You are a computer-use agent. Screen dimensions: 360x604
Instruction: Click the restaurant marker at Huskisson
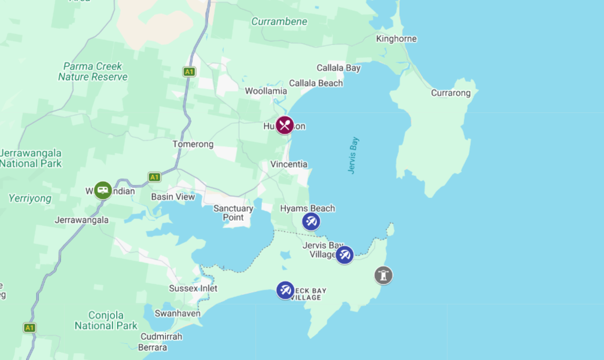pyautogui.click(x=285, y=126)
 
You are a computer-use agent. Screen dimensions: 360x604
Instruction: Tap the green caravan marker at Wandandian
pyautogui.click(x=103, y=191)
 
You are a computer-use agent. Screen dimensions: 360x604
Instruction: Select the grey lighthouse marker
pyautogui.click(x=383, y=275)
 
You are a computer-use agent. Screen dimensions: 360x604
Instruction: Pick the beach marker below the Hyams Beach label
pyautogui.click(x=310, y=222)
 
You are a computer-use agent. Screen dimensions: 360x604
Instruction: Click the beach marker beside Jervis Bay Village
pyautogui.click(x=344, y=255)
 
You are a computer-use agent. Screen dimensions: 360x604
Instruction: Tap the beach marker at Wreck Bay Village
pyautogui.click(x=285, y=291)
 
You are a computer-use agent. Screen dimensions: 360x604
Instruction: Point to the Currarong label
pyautogui.click(x=450, y=93)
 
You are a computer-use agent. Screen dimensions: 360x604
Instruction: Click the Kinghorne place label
pyautogui.click(x=396, y=39)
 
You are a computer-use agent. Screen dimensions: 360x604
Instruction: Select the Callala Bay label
pyautogui.click(x=338, y=68)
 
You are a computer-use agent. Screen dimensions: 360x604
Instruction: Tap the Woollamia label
pyautogui.click(x=266, y=91)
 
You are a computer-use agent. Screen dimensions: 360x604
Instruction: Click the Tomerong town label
pyautogui.click(x=193, y=144)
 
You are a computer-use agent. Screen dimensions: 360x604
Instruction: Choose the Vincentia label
pyautogui.click(x=289, y=164)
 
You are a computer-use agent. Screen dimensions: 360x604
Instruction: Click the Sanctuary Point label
pyautogui.click(x=233, y=213)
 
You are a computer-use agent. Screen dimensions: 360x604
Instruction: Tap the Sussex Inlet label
pyautogui.click(x=193, y=288)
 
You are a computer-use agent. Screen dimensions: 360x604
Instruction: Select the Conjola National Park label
pyautogui.click(x=106, y=321)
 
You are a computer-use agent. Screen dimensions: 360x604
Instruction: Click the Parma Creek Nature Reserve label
pyautogui.click(x=93, y=72)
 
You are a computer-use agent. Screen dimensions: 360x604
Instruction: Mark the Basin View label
pyautogui.click(x=173, y=197)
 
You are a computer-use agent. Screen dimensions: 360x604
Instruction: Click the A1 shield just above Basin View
pyautogui.click(x=154, y=177)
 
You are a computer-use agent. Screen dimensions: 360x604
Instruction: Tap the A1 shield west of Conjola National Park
pyautogui.click(x=29, y=328)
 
